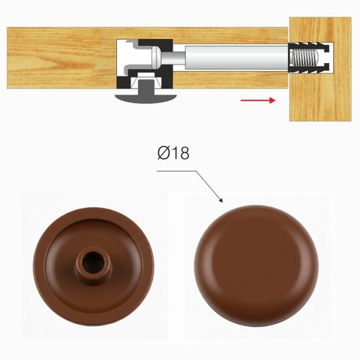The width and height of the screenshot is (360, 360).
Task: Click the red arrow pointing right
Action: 258,100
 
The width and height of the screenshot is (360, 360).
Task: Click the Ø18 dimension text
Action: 173,153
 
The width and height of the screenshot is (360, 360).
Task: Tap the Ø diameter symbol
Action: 163,153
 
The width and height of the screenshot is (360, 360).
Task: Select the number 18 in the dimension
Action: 181,153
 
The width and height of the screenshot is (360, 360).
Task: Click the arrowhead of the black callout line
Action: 220,200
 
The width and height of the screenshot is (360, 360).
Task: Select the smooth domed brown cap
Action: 256,265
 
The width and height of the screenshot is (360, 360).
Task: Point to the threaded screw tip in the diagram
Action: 305,58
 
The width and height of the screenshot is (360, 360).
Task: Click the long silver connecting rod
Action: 237,58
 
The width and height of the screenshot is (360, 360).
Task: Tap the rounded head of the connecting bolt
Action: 156,58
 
